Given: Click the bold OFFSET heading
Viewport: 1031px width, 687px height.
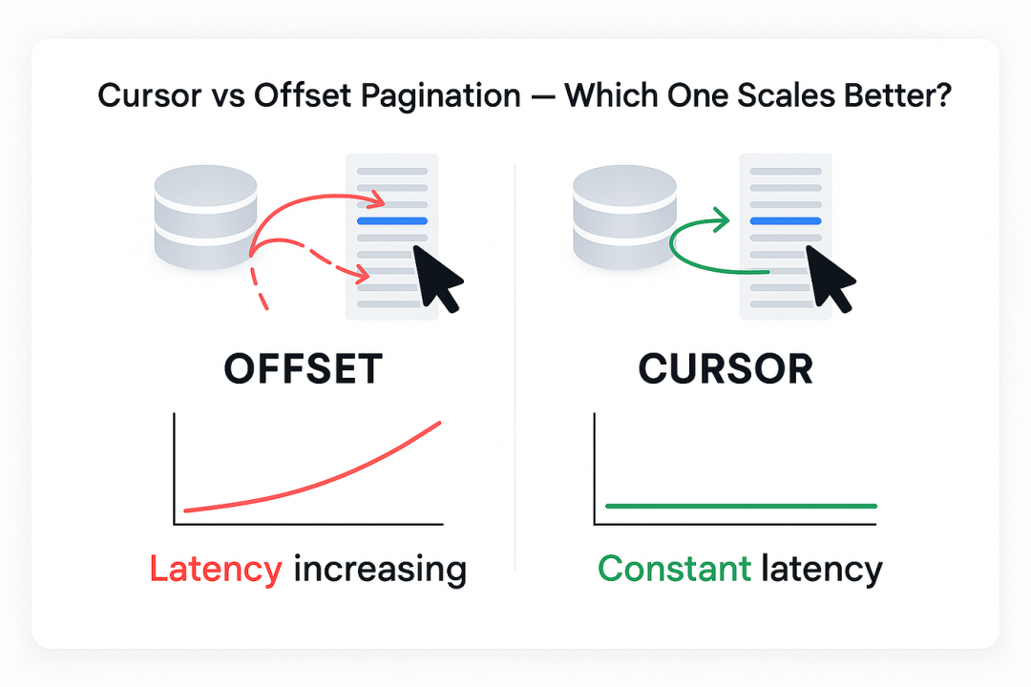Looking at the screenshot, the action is pyautogui.click(x=304, y=369).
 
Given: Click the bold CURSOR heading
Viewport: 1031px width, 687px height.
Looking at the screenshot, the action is pyautogui.click(x=726, y=369).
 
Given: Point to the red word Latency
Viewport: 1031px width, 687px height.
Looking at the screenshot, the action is pyautogui.click(x=216, y=570).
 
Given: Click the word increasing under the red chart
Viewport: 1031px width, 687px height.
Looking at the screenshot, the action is pyautogui.click(x=380, y=570).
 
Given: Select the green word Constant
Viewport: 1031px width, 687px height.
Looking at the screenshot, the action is pyautogui.click(x=674, y=570).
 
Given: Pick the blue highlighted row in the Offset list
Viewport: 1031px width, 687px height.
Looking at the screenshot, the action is pyautogui.click(x=391, y=220).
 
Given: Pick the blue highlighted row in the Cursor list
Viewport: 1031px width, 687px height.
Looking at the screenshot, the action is pyautogui.click(x=786, y=220).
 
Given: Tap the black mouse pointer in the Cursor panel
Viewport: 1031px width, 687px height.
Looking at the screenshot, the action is pyautogui.click(x=828, y=277).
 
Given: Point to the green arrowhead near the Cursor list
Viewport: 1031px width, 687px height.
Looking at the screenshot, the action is pyautogui.click(x=722, y=221).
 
